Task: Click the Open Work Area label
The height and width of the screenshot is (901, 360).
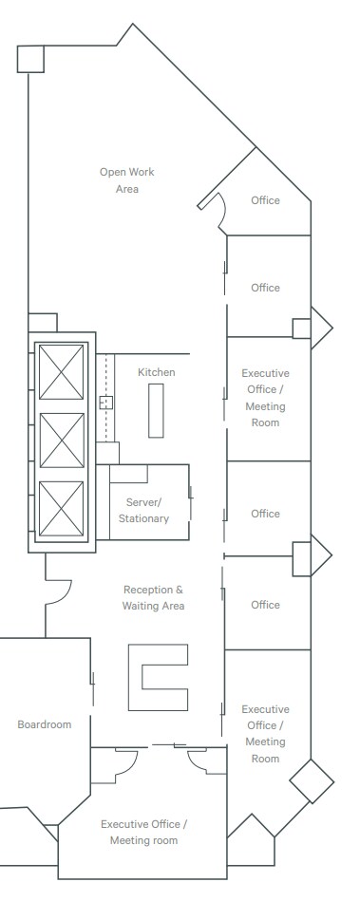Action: point(127,180)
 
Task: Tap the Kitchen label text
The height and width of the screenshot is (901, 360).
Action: point(156,372)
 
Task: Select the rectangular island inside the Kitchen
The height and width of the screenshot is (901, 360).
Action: point(156,409)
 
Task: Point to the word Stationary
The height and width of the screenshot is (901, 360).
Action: point(143,518)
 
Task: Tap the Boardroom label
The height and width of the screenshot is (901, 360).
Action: point(44,724)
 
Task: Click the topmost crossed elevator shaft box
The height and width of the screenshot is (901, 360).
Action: point(62,371)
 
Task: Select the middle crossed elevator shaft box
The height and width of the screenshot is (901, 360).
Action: point(62,440)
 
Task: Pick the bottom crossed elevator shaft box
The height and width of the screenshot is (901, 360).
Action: point(62,508)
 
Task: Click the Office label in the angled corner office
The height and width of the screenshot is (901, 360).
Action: point(265,200)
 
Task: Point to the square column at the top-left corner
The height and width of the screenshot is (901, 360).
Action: point(30,58)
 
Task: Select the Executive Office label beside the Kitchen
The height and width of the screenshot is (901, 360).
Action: point(265,397)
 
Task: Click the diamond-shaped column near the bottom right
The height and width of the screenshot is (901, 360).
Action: point(312,781)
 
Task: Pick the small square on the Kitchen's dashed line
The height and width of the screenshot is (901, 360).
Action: point(106,402)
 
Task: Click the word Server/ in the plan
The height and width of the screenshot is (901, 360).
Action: point(144,501)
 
